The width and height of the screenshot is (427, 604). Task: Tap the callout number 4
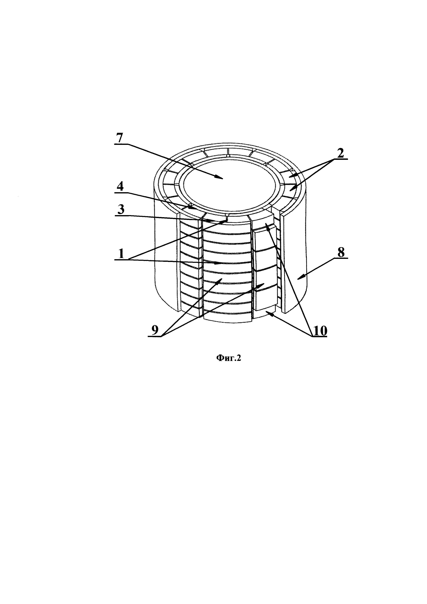pos(120,187)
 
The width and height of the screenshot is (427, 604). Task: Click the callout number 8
pos(341,253)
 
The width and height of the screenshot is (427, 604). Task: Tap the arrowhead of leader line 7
pos(222,178)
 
